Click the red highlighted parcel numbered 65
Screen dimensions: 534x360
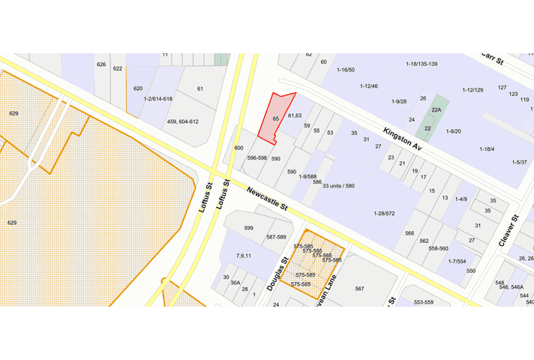pyautogui.click(x=275, y=119)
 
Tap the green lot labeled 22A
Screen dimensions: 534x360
pyautogui.click(x=436, y=109)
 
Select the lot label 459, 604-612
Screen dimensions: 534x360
pyautogui.click(x=182, y=121)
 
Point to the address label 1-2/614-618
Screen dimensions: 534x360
pyautogui.click(x=158, y=99)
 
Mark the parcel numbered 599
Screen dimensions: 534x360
pyautogui.click(x=249, y=228)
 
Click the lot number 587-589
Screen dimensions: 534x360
pyautogui.click(x=276, y=237)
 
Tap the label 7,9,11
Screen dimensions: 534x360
pyautogui.click(x=244, y=256)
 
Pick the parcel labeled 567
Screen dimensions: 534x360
pyautogui.click(x=359, y=289)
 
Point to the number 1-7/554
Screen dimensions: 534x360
pyautogui.click(x=457, y=261)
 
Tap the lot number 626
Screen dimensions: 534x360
pyautogui.click(x=101, y=64)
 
